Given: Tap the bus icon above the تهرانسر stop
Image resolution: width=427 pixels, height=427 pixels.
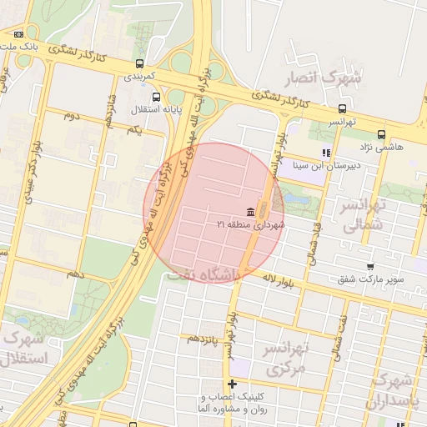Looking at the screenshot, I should coord(342,108).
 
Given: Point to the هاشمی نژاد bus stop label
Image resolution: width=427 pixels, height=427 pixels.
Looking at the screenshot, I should coord(383,146).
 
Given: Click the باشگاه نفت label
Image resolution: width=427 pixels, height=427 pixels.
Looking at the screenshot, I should coord(203,273).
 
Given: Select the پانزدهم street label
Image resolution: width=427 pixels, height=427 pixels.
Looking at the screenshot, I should coord(203,338).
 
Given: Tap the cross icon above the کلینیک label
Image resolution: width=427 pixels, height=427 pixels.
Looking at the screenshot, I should coord(232,384).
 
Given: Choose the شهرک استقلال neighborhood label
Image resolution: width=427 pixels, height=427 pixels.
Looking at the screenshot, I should coord(27,349).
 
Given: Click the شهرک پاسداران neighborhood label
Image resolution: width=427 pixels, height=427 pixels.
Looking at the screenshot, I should coord(394,390).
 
